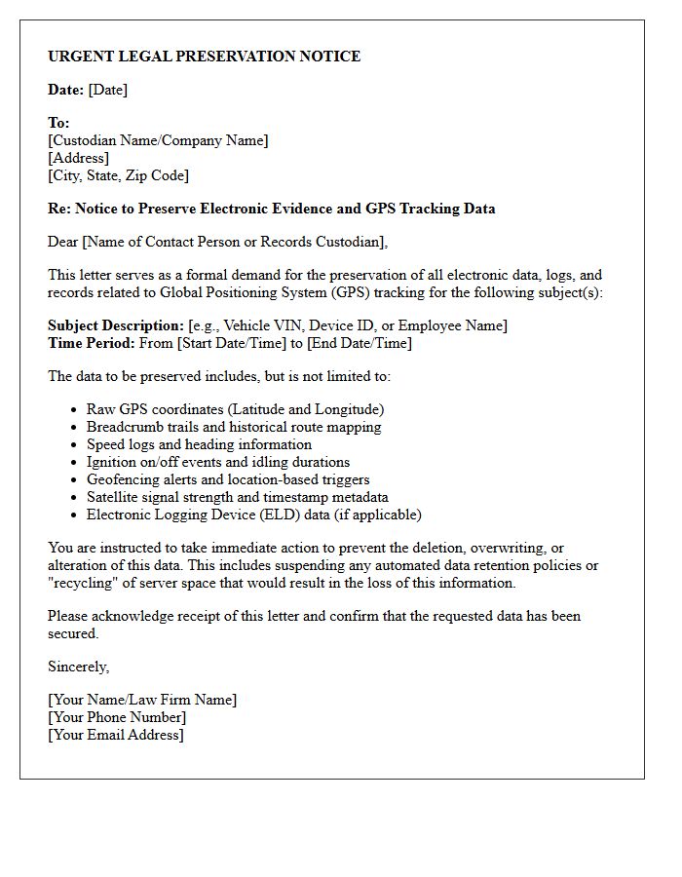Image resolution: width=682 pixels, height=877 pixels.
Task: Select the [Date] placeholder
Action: (107, 90)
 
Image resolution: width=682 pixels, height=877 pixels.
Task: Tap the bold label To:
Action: (58, 123)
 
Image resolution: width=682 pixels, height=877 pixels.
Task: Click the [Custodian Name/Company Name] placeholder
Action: (158, 140)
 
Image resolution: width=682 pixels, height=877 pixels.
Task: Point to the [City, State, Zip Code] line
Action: (118, 175)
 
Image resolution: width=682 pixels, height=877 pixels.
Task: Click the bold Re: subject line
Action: (271, 209)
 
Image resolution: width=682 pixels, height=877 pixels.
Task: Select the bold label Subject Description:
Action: (115, 325)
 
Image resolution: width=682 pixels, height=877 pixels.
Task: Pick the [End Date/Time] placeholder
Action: (359, 343)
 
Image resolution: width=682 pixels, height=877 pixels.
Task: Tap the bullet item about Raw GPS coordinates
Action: (235, 409)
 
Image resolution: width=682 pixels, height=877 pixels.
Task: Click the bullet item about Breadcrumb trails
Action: (234, 427)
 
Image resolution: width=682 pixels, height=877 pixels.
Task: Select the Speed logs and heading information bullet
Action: (199, 444)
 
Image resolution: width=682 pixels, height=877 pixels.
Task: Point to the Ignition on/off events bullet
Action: (217, 462)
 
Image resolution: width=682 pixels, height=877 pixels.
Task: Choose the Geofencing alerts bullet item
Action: (227, 479)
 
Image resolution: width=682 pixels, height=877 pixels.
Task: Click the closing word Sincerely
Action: (78, 667)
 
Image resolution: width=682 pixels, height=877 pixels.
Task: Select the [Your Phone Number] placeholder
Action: (117, 717)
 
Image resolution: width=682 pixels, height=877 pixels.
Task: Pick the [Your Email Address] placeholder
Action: (116, 735)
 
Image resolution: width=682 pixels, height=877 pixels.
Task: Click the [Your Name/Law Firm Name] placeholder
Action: (142, 700)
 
